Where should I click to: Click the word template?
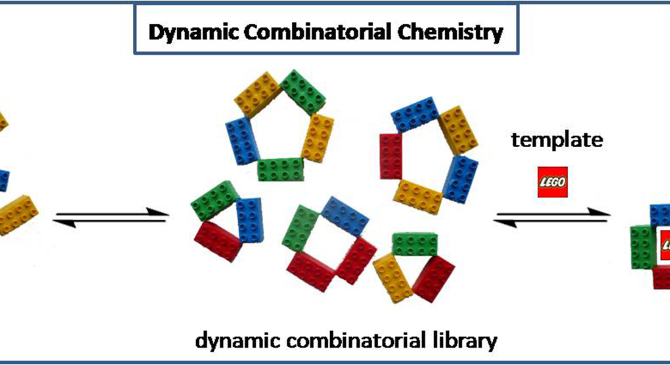click(x=557, y=141)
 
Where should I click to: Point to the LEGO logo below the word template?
click(x=552, y=182)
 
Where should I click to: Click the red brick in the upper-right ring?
click(x=391, y=156)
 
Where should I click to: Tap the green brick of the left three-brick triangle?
click(x=212, y=201)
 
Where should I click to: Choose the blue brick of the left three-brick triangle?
click(x=248, y=220)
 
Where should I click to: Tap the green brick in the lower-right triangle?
click(x=415, y=244)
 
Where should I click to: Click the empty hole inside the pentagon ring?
click(x=278, y=128)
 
